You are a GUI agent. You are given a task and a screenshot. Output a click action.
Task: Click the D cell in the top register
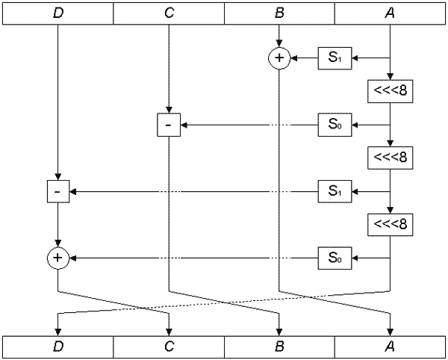point(57,13)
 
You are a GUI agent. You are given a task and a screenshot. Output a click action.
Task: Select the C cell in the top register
point(169,13)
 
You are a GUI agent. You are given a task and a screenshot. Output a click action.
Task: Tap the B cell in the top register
point(279,13)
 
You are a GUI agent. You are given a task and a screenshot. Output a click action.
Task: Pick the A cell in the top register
point(390,13)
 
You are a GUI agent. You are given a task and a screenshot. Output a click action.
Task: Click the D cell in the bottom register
point(57,347)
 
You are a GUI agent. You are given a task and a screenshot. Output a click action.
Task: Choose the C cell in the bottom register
point(169,347)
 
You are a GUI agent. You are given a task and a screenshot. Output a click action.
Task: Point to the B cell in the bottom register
point(279,347)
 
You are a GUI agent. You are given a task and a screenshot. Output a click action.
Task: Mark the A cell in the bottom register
point(390,347)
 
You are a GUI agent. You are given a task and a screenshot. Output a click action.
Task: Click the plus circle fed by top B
point(279,58)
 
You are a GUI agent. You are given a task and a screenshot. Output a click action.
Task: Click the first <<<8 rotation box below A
point(390,91)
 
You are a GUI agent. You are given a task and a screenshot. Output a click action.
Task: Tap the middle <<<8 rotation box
point(390,158)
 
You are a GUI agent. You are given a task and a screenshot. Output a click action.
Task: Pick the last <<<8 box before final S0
point(390,224)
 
